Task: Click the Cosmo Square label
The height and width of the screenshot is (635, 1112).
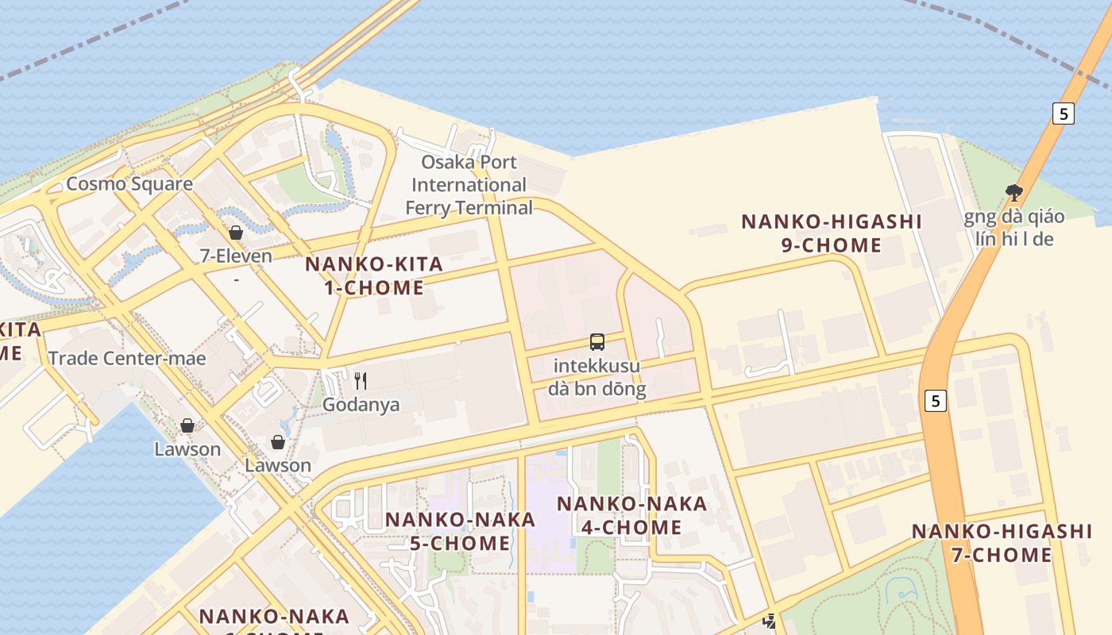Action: coord(129,184)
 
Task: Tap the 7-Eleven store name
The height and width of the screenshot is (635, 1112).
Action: coord(236,256)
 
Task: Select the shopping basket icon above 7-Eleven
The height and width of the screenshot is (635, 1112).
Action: coord(236,233)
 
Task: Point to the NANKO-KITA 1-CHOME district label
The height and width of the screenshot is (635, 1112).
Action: coord(373,275)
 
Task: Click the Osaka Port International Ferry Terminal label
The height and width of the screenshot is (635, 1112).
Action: coord(469,185)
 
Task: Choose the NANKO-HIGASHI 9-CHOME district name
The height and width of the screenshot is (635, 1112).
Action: coord(831,233)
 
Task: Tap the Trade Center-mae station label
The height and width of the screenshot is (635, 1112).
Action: coord(126,359)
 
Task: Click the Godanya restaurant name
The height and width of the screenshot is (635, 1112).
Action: coord(361,405)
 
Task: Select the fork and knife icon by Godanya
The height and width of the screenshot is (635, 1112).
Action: coord(361,381)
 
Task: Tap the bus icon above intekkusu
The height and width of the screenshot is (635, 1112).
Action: coord(597,342)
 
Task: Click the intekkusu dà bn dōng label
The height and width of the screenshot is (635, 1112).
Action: coord(597,378)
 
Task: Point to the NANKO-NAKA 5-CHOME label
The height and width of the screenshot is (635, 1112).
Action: coord(460,531)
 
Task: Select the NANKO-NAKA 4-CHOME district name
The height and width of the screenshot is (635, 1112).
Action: coord(631,515)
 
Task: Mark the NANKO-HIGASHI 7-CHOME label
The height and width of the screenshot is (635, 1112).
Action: coord(1001,543)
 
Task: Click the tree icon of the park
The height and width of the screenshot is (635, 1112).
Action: coord(1014,191)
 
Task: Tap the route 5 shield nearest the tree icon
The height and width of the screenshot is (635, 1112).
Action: coord(1063,114)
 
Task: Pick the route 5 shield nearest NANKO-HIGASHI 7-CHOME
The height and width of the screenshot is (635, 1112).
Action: coord(936,401)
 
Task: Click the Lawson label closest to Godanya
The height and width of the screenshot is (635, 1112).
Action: coord(278,465)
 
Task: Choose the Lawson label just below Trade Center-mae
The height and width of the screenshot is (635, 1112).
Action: coord(187,449)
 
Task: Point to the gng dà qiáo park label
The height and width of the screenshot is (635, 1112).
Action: coord(1014,227)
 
